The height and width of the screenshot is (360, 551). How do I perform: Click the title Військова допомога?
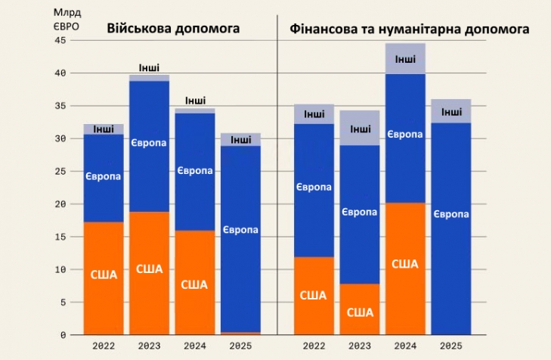[x=173, y=28]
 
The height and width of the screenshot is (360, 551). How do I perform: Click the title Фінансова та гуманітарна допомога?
[x=409, y=28]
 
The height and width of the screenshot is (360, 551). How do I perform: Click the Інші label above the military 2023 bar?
[x=150, y=68]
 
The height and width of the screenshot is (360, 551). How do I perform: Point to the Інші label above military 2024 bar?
[x=195, y=101]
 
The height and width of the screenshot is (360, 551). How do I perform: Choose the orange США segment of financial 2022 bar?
[x=314, y=296]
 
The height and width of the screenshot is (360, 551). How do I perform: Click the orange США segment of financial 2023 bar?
[x=360, y=309]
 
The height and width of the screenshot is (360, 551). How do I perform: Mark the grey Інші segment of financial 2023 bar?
[x=360, y=128]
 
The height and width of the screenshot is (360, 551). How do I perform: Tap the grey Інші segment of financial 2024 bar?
[x=405, y=59]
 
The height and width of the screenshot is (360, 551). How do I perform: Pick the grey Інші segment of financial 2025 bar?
[x=451, y=111]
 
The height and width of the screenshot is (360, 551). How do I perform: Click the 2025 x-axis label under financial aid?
[x=451, y=346]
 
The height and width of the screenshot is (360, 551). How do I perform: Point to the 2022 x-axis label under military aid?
[x=104, y=346]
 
